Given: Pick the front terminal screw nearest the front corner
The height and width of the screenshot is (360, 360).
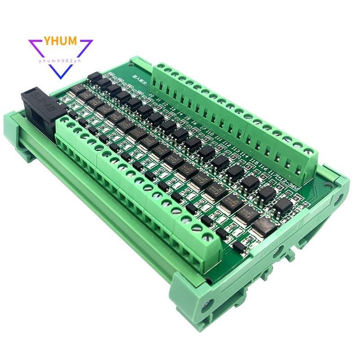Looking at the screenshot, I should [x=208, y=235].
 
